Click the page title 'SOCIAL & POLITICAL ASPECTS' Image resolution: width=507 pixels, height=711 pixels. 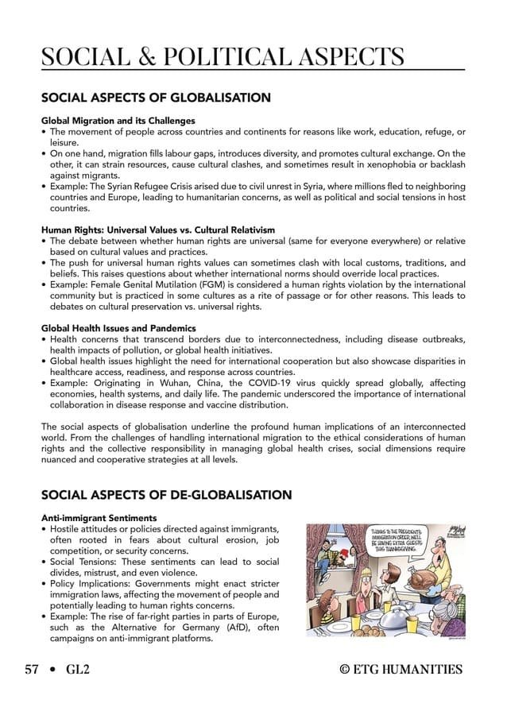click(x=223, y=56)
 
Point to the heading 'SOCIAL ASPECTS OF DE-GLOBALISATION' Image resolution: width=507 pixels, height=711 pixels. click(x=166, y=496)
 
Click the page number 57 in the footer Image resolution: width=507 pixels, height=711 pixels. click(x=33, y=670)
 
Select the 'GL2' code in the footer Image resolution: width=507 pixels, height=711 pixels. click(x=78, y=670)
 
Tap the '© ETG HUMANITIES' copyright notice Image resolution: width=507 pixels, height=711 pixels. click(x=401, y=670)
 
